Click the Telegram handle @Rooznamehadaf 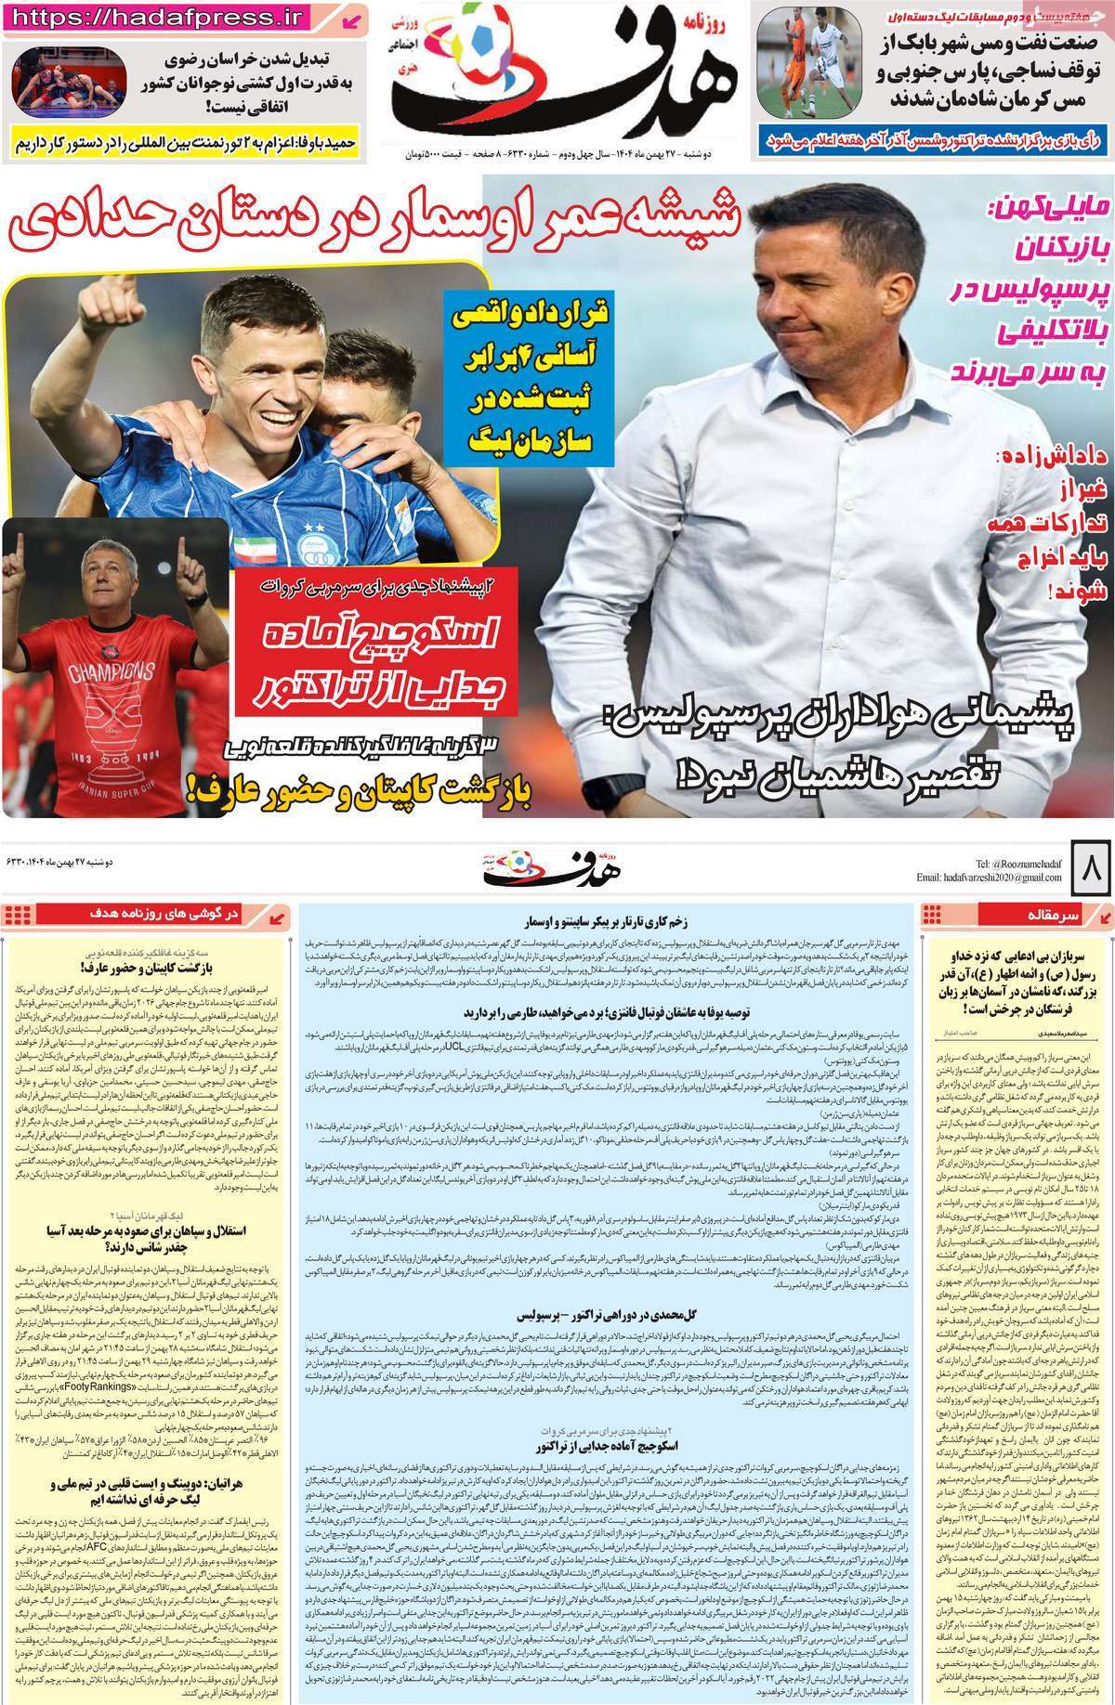[x=1028, y=863]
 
